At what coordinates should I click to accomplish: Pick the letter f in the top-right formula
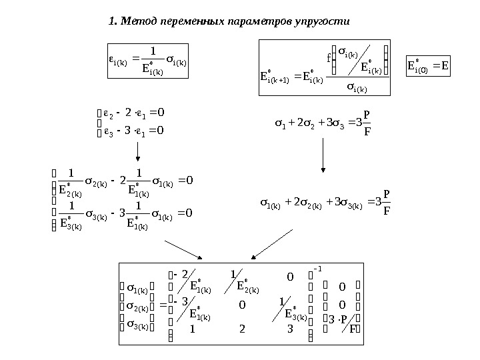point(328,58)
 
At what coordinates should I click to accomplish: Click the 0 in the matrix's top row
point(290,275)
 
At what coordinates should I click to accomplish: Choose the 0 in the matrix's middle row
point(241,305)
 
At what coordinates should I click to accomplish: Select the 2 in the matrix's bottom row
point(241,329)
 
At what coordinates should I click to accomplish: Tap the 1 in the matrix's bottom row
point(193,329)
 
